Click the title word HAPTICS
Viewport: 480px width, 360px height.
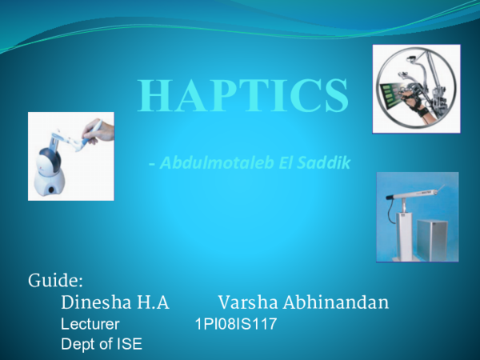coord(243,96)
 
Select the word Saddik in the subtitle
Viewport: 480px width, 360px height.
coord(327,164)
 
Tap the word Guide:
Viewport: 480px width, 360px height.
coord(56,281)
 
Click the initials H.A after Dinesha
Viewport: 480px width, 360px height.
coord(153,303)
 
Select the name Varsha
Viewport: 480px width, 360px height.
coord(245,303)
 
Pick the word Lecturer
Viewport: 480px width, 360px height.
coord(90,325)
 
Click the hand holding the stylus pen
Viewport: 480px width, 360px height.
coord(101,130)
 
